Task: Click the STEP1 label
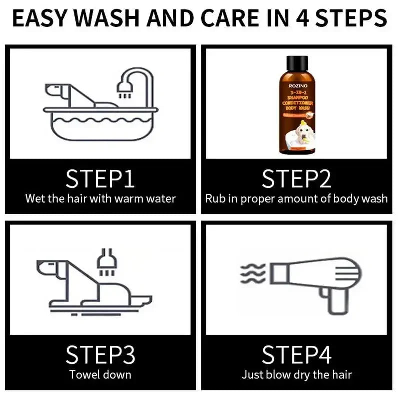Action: click(x=100, y=178)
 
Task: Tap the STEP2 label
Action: click(x=297, y=178)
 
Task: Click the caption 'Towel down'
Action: click(x=100, y=374)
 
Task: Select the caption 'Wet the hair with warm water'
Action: click(x=100, y=198)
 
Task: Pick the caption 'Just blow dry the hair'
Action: click(x=297, y=374)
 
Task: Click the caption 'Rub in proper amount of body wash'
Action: click(x=297, y=198)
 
